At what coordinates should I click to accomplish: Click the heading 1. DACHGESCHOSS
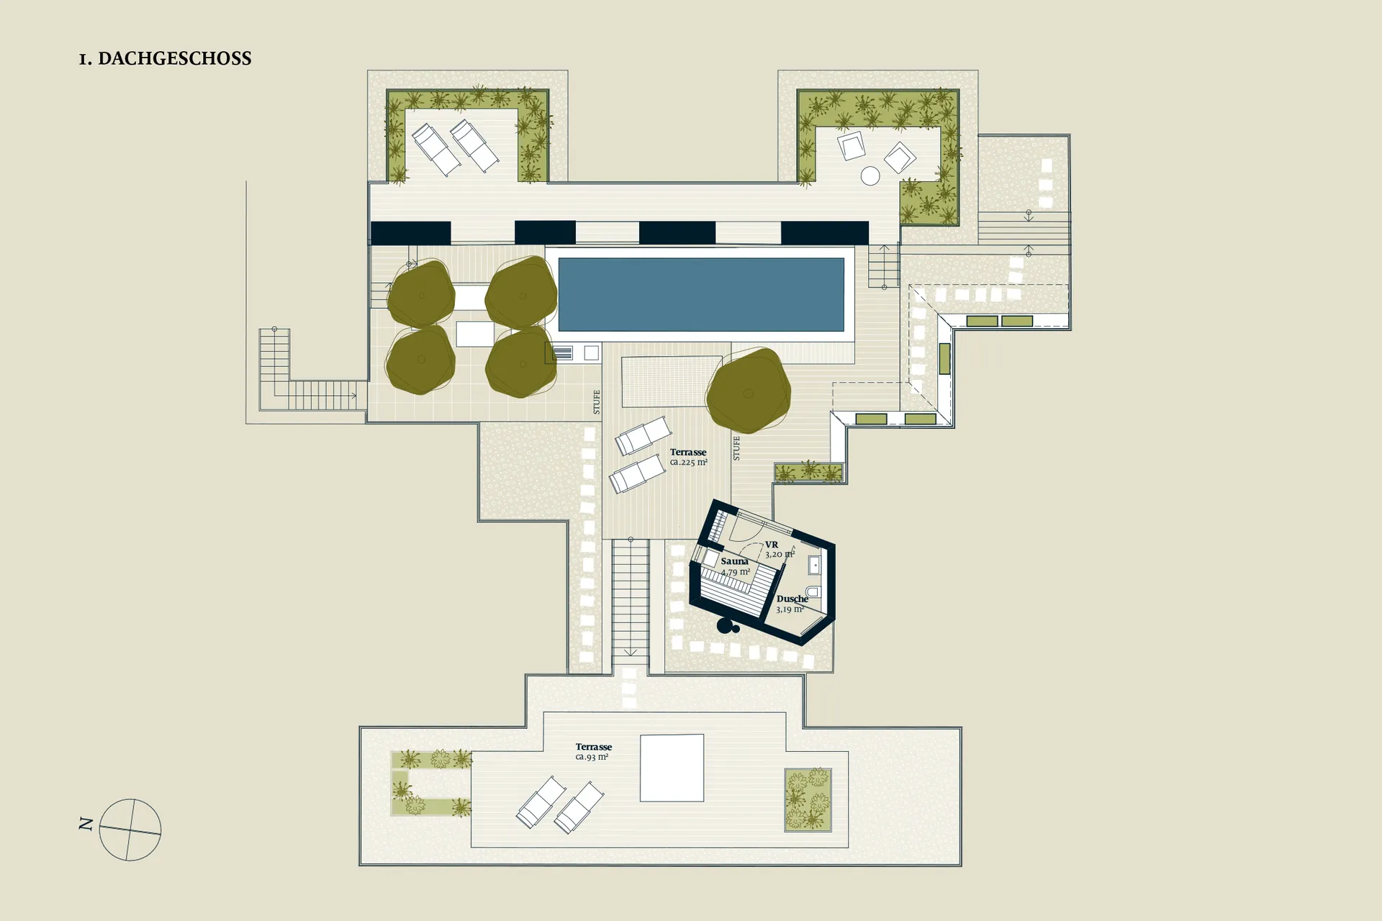166,58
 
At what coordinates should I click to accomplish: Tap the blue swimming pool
701,294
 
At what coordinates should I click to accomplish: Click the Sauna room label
735,561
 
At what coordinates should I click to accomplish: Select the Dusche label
792,599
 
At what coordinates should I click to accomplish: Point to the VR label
772,545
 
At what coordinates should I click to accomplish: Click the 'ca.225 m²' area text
689,462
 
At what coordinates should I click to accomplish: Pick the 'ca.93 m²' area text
592,757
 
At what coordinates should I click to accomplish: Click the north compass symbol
130,830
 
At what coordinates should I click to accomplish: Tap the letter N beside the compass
86,825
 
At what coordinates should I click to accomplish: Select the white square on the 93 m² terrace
672,768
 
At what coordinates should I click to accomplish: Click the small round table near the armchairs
870,176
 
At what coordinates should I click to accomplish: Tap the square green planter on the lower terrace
808,800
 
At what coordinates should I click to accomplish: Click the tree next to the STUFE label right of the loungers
749,391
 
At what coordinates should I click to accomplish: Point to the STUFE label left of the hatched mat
597,402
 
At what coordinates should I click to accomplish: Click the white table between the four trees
475,334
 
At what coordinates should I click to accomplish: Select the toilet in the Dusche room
812,591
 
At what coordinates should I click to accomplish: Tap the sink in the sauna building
815,565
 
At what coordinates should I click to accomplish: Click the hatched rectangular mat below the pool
672,381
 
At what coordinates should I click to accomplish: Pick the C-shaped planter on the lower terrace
430,784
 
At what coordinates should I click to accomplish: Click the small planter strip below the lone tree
808,472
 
